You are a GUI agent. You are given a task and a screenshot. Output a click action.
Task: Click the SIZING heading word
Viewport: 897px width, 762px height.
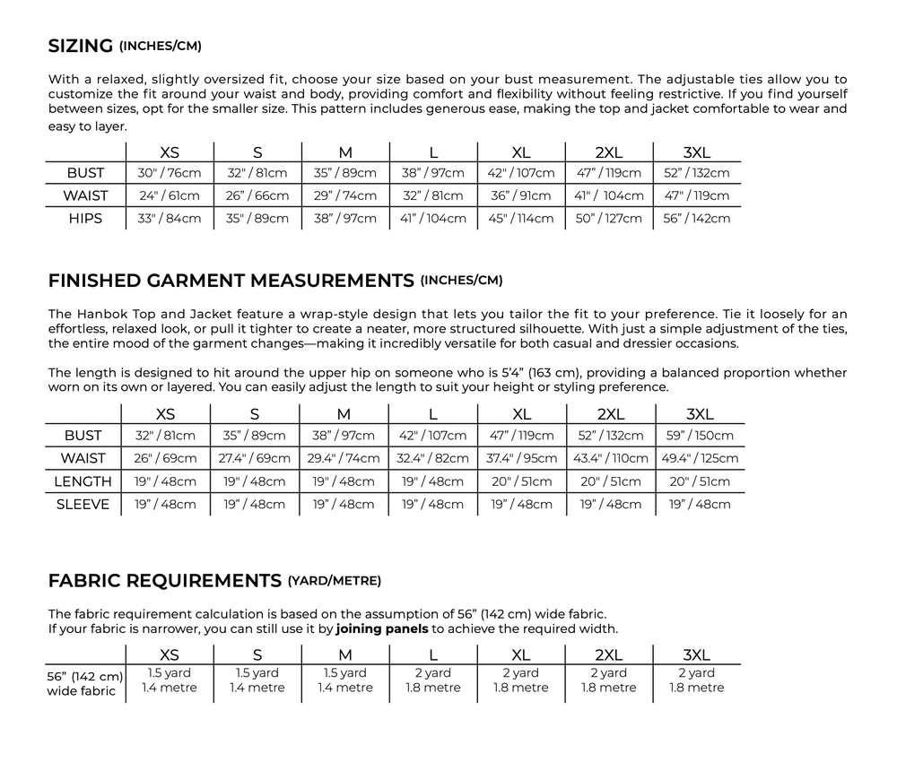[x=81, y=46]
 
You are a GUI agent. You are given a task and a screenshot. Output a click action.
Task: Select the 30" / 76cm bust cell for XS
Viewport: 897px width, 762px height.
[x=169, y=173]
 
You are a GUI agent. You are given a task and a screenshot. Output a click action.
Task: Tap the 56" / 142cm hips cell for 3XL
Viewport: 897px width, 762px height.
[x=697, y=219]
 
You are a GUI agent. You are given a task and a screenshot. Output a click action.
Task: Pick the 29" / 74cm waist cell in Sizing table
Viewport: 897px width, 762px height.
[x=344, y=195]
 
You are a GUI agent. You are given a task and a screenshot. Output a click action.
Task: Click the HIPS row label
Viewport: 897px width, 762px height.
[x=85, y=219]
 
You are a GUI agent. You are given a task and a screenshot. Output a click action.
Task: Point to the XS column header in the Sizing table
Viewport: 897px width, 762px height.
[x=169, y=152]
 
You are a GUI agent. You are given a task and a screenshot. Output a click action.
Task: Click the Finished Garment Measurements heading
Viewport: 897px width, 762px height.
[x=231, y=281]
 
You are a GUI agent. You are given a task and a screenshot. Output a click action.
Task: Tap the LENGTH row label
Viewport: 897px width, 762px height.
[x=83, y=481]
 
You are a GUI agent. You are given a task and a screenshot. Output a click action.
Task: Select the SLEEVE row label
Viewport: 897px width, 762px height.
[x=83, y=504]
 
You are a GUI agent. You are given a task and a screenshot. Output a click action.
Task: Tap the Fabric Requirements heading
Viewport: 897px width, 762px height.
[x=164, y=581]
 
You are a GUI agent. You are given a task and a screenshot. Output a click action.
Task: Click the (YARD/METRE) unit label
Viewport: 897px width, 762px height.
[x=334, y=581]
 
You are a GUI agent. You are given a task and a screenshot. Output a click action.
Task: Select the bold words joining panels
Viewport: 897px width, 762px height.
[x=387, y=628]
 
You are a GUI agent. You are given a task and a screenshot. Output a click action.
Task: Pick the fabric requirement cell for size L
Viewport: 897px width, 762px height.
[x=433, y=680]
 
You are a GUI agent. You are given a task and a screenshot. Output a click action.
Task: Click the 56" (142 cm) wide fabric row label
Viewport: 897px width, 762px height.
[x=85, y=683]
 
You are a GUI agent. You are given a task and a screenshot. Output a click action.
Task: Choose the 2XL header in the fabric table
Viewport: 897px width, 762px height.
[x=609, y=654]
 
